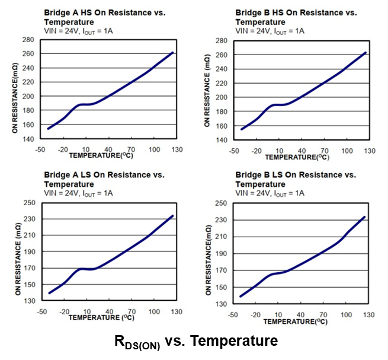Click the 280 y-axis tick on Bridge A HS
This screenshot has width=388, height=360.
27,40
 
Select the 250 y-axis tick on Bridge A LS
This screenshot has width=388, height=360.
27,203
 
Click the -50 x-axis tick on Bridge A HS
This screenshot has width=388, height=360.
40,149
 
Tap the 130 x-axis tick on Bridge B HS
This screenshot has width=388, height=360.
369,151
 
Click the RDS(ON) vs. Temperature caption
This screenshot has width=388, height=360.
195,342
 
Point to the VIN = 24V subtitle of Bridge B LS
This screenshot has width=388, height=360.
270,193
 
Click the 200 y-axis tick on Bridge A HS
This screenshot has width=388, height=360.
27,96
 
